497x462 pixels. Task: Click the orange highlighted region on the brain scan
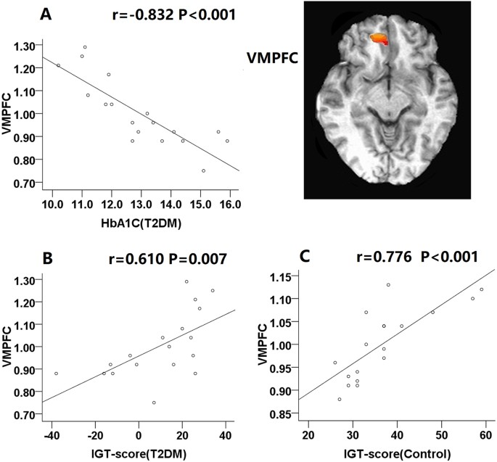click(x=379, y=40)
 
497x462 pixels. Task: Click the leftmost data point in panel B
click(x=56, y=374)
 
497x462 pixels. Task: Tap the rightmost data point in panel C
click(x=481, y=289)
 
